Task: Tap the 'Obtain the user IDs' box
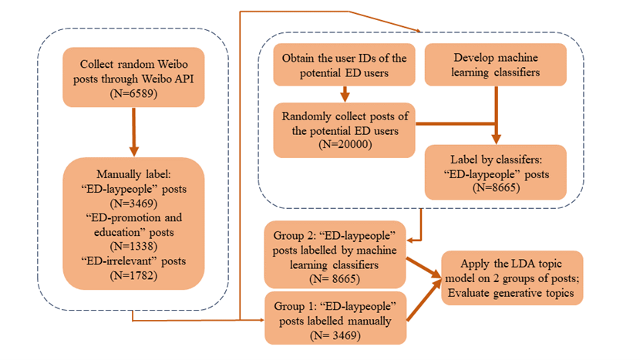point(344,67)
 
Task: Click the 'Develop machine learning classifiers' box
point(496,67)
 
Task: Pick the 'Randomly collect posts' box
point(344,130)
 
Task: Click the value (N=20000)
point(344,144)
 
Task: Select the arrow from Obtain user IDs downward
point(344,94)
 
